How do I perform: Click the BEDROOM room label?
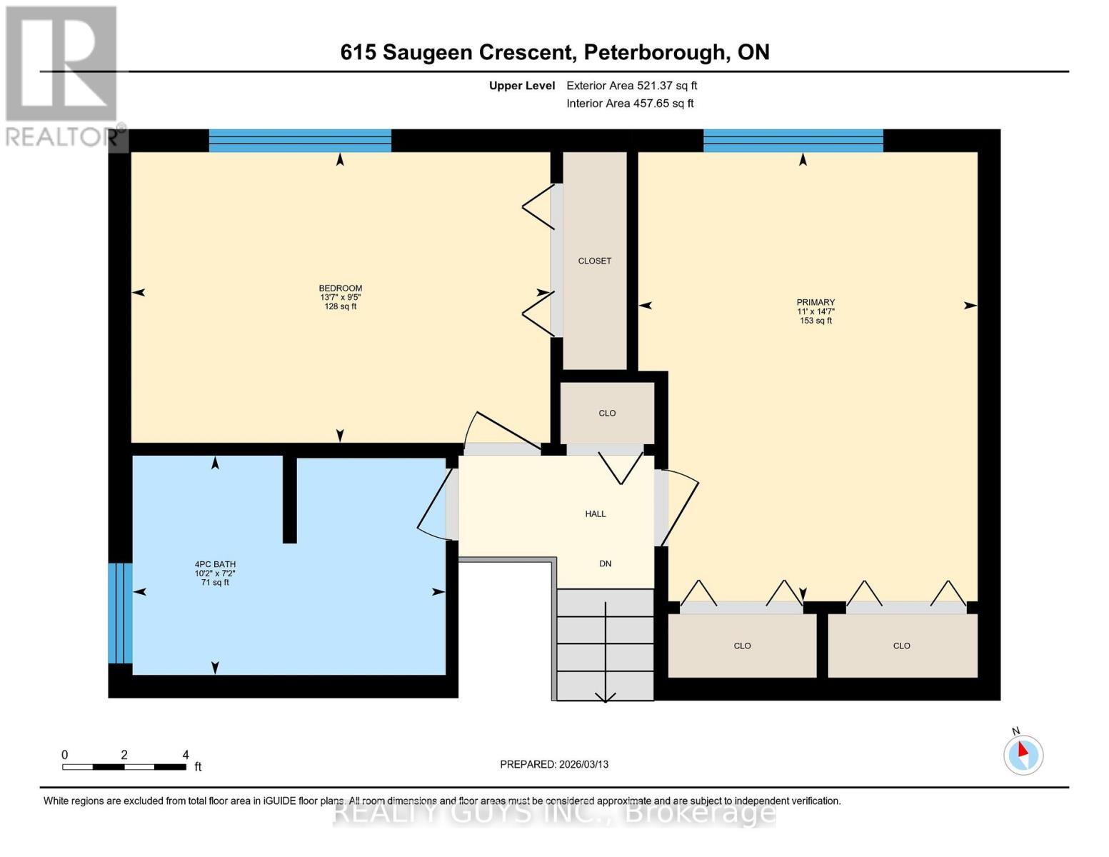click(x=341, y=289)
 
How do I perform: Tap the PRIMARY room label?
click(x=816, y=303)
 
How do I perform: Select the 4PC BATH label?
click(x=215, y=564)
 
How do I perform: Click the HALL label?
click(x=596, y=514)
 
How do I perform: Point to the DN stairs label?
click(x=606, y=564)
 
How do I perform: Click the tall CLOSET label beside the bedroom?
click(x=595, y=261)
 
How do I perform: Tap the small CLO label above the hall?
click(x=607, y=414)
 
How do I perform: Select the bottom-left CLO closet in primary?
click(x=742, y=646)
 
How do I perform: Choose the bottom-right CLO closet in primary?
click(x=901, y=646)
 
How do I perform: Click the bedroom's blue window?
click(x=300, y=141)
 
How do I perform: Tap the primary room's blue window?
click(x=793, y=141)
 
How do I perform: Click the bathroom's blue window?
click(x=120, y=613)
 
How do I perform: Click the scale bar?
click(x=124, y=767)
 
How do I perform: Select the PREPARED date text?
click(x=554, y=765)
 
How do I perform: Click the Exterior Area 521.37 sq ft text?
click(x=631, y=86)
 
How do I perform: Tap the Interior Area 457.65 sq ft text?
click(x=630, y=104)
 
